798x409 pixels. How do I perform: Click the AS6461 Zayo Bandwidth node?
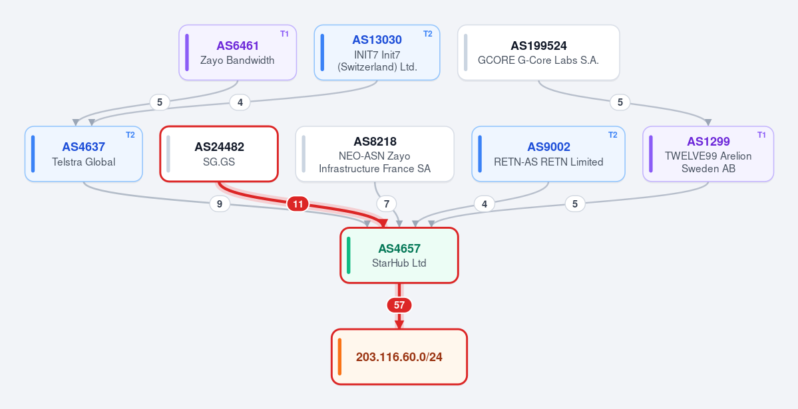coord(238,53)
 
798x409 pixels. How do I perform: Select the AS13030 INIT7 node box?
coord(377,53)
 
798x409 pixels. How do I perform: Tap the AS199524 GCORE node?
coord(538,53)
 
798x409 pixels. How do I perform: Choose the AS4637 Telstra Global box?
coord(83,154)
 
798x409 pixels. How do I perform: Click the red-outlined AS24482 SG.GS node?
coord(219,154)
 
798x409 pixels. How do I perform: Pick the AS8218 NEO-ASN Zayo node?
coord(375,154)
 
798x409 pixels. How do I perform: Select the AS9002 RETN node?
coord(548,154)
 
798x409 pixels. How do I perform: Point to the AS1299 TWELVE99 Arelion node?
coord(708,154)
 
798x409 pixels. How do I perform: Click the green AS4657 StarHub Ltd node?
coord(399,255)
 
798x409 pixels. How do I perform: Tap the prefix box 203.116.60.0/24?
coord(399,356)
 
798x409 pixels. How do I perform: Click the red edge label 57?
coord(399,305)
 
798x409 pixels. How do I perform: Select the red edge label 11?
coord(298,204)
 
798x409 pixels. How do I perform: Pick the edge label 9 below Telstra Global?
coord(220,204)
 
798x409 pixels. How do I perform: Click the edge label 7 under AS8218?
coord(387,204)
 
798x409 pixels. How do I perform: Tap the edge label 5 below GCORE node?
coord(620,102)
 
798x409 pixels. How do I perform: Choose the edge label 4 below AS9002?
coord(485,204)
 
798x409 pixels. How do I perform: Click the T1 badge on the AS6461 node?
coord(284,34)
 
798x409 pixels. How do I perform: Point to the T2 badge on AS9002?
coord(613,135)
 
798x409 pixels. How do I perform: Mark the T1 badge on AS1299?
coord(761,135)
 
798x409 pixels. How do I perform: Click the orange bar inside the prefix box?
coord(339,356)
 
